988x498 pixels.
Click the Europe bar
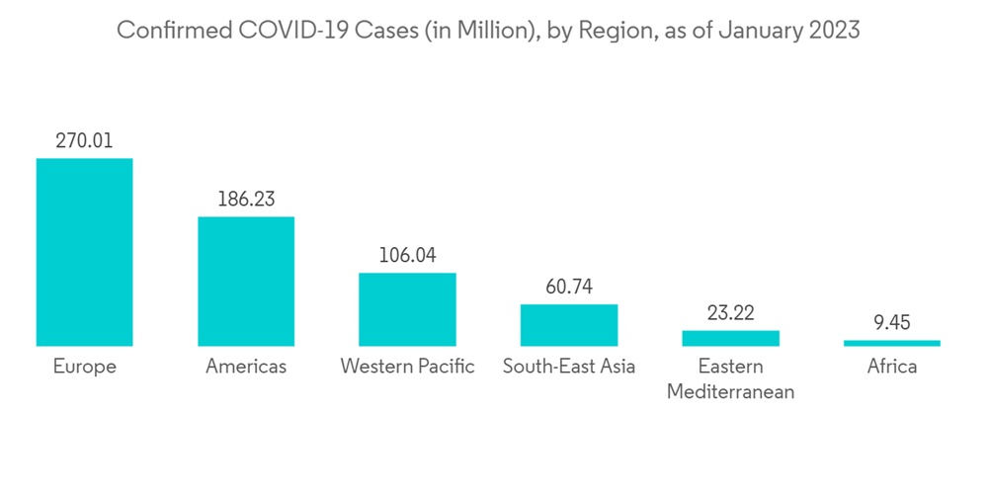click(84, 252)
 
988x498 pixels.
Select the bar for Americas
click(246, 282)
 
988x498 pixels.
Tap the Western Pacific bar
click(407, 309)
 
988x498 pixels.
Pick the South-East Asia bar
click(569, 325)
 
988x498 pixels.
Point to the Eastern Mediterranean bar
click(730, 338)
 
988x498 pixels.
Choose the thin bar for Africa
click(892, 343)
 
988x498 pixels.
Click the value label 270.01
click(84, 141)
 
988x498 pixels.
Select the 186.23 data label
click(246, 200)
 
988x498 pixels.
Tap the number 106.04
click(407, 256)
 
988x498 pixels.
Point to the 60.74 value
click(569, 288)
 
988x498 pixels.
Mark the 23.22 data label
click(730, 313)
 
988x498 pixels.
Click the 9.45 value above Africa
click(892, 322)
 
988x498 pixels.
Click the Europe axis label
click(84, 367)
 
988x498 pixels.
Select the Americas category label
click(246, 367)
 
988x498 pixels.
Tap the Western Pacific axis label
click(407, 367)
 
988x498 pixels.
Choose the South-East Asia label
click(569, 367)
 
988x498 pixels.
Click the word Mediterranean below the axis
click(730, 392)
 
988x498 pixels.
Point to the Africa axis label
click(892, 367)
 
